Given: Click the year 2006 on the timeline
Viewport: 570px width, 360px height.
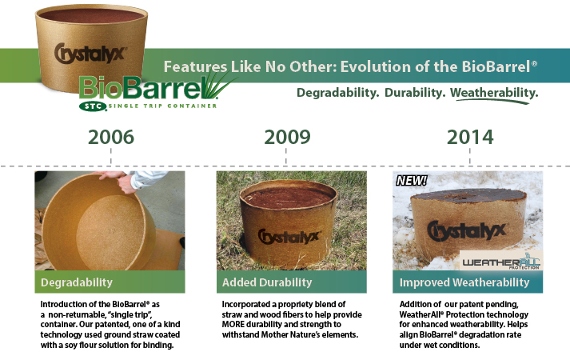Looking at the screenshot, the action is tap(111, 137).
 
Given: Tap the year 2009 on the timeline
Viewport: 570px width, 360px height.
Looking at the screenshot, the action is tap(287, 137).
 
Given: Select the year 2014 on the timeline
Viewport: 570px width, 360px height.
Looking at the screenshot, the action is tap(470, 137).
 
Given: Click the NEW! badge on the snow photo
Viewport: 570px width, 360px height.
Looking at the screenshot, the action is tap(412, 180).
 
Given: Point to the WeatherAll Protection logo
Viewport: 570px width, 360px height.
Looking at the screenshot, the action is tap(501, 261).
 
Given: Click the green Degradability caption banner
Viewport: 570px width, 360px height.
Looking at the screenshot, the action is tap(110, 282).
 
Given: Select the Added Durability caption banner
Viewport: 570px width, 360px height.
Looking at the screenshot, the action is tap(292, 282).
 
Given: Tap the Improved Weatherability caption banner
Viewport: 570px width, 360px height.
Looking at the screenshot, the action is tap(468, 282).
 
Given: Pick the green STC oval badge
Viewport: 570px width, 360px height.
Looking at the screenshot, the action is tap(93, 106).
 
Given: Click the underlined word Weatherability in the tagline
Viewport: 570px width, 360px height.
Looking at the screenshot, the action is tap(494, 93).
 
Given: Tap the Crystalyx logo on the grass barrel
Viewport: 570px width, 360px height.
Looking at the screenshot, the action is tap(289, 236).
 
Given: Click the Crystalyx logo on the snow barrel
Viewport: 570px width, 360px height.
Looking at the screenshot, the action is tap(467, 230).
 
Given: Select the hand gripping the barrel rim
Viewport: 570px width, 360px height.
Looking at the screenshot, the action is tap(123, 181).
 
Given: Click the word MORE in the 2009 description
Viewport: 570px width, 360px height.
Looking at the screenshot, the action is tap(233, 324).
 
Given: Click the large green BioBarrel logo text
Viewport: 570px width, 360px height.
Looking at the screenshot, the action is tap(142, 88).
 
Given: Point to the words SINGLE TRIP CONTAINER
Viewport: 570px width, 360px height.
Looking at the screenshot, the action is tap(163, 106).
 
